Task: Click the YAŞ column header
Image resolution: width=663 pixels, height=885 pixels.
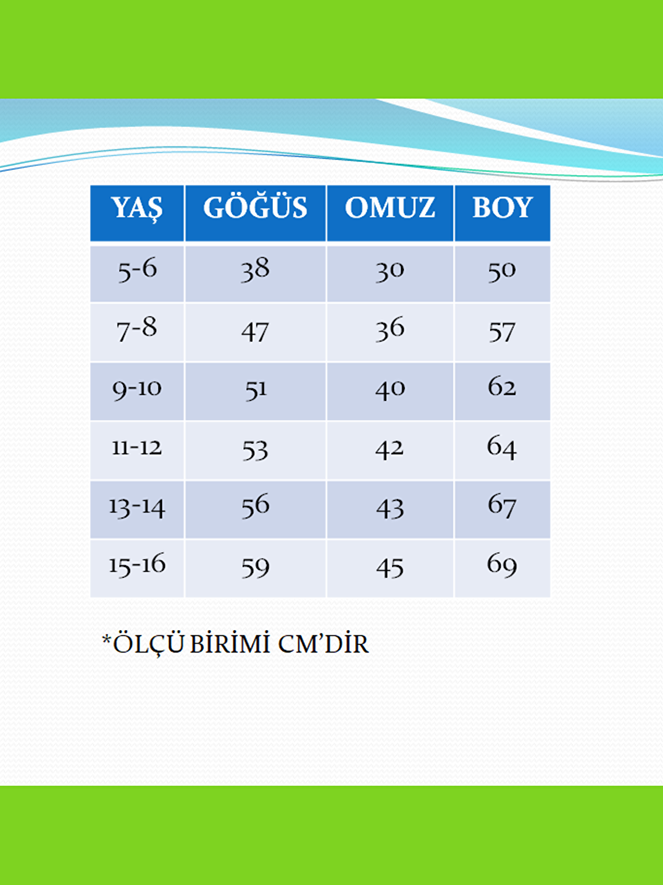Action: [x=136, y=208]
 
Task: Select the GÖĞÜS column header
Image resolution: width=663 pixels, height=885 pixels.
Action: [x=255, y=208]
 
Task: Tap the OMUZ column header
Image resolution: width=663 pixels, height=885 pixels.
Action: [x=390, y=208]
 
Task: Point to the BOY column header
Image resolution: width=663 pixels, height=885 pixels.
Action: [x=502, y=208]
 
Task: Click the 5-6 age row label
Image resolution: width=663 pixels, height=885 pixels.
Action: [x=137, y=269]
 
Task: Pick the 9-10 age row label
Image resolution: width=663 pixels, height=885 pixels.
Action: [x=137, y=389]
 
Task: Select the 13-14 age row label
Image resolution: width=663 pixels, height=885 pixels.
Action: [x=137, y=507]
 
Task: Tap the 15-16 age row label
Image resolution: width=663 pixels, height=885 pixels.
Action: [x=137, y=565]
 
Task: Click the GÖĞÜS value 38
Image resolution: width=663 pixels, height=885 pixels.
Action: [x=255, y=269]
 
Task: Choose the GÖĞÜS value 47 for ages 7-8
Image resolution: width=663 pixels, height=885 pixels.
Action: [x=255, y=332]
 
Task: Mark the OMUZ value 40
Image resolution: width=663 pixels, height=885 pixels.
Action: [x=390, y=389]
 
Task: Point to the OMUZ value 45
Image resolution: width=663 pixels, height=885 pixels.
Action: [x=390, y=568]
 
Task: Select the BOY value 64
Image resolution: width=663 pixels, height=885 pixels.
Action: [x=502, y=448]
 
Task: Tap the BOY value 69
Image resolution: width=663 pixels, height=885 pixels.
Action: [x=502, y=565]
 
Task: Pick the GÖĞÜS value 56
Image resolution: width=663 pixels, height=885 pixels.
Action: [x=255, y=506]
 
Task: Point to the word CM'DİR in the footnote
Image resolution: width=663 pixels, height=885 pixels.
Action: [x=323, y=644]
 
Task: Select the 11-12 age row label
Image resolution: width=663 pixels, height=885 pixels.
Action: [x=137, y=448]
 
